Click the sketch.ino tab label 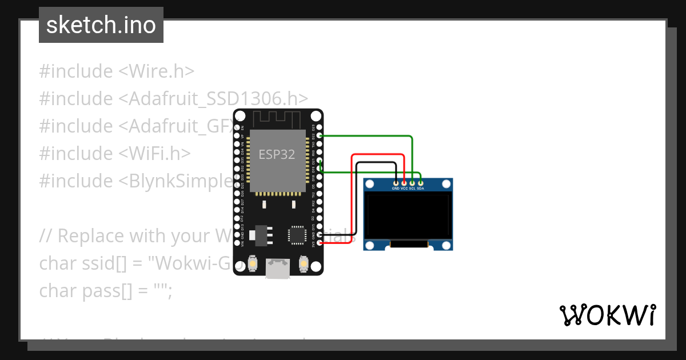pyautogui.click(x=101, y=25)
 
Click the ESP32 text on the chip pyautogui.click(x=277, y=154)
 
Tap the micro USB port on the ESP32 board pyautogui.click(x=278, y=269)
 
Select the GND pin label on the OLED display pyautogui.click(x=396, y=188)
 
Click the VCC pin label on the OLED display pyautogui.click(x=404, y=188)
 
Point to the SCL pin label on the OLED pyautogui.click(x=412, y=188)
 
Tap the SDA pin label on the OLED pyautogui.click(x=421, y=188)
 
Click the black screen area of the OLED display pyautogui.click(x=408, y=216)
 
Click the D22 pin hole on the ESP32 pyautogui.click(x=320, y=136)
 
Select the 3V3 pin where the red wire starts pyautogui.click(x=320, y=243)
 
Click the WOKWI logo pyautogui.click(x=607, y=315)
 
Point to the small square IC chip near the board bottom pyautogui.click(x=297, y=235)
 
